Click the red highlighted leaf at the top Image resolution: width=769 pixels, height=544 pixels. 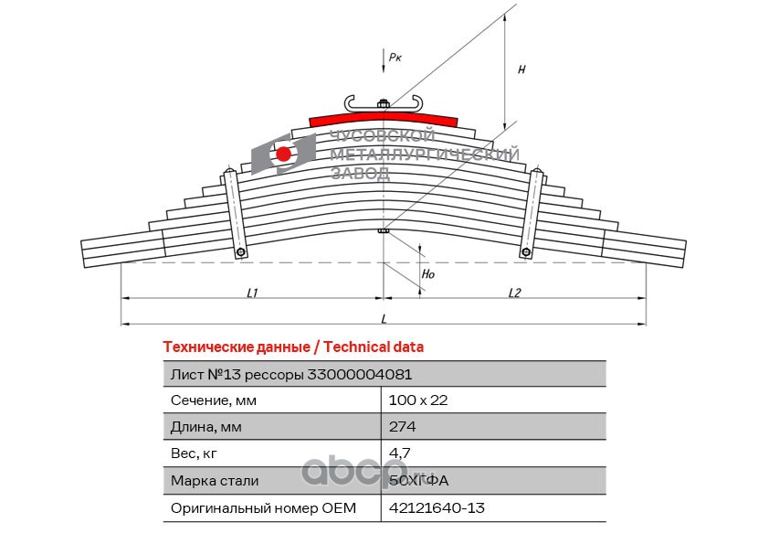pos(384,117)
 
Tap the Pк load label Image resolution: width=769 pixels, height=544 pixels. pos(395,57)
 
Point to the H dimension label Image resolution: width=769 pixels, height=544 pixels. pos(521,69)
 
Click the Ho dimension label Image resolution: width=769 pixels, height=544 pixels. pos(428,272)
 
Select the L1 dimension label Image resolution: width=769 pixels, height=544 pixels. pos(253,293)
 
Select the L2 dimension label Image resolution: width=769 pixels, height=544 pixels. pos(514,293)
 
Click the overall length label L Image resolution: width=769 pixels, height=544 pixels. pos(384,318)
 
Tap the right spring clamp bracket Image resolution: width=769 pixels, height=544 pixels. pos(529,215)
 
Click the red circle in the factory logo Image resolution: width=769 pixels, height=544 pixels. pos(284,154)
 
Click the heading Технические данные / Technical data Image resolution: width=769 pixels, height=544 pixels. pos(292,347)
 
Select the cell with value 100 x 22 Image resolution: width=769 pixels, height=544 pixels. pos(418,400)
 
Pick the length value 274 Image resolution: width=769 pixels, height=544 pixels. pos(403,426)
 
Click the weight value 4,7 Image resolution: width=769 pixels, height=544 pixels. pos(399,453)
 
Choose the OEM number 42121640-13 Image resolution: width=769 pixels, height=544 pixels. pos(437,507)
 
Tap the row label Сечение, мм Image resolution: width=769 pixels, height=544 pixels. pos(214,400)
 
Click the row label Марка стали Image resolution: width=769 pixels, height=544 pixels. pos(215,480)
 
